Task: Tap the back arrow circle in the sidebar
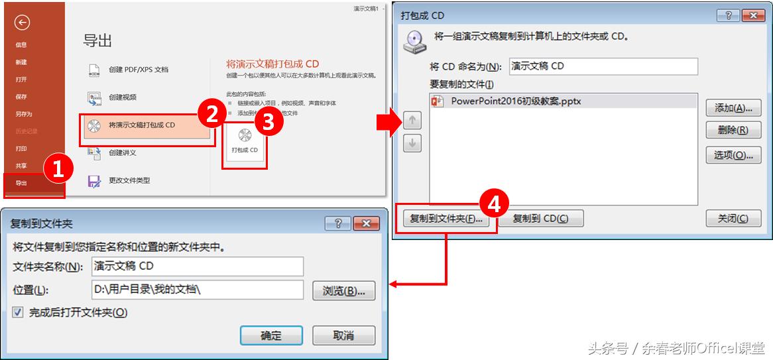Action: click(x=22, y=23)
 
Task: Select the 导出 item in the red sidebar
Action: click(x=22, y=183)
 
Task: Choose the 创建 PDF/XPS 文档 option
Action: click(x=138, y=69)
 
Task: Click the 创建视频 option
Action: click(x=122, y=97)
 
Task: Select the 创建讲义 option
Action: click(x=122, y=152)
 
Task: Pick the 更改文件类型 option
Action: click(x=129, y=180)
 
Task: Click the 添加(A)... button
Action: click(x=733, y=108)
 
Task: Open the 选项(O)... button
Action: click(x=733, y=155)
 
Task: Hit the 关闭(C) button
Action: click(x=733, y=218)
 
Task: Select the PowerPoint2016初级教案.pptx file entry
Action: click(x=516, y=101)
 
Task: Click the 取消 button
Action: click(x=343, y=335)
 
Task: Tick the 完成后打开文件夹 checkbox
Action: click(x=18, y=312)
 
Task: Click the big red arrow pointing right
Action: click(x=385, y=122)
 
